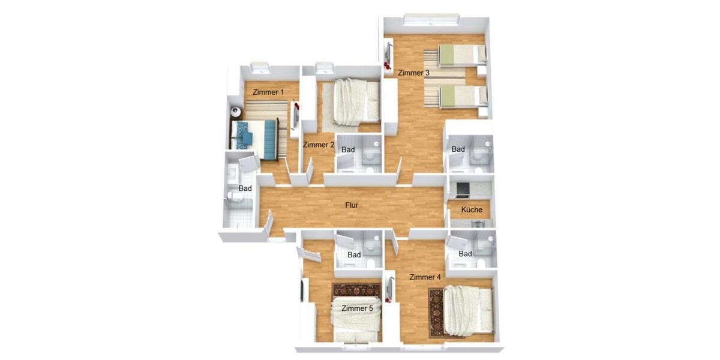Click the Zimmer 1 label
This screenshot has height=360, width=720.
click(268, 92)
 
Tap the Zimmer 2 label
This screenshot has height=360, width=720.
click(319, 145)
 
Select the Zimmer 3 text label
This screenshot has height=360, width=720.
click(414, 73)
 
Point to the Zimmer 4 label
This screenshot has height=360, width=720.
click(425, 277)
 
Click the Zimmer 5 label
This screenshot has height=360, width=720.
click(357, 308)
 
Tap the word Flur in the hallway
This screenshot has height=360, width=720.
click(352, 205)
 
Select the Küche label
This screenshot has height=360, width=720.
click(472, 210)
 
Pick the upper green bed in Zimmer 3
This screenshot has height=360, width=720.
click(461, 55)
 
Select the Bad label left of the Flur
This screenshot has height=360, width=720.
click(245, 188)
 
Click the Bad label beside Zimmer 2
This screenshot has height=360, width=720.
click(348, 149)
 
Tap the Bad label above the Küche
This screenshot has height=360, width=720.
click(458, 149)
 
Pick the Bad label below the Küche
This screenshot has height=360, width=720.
click(465, 254)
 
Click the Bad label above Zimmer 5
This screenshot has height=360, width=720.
click(354, 255)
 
